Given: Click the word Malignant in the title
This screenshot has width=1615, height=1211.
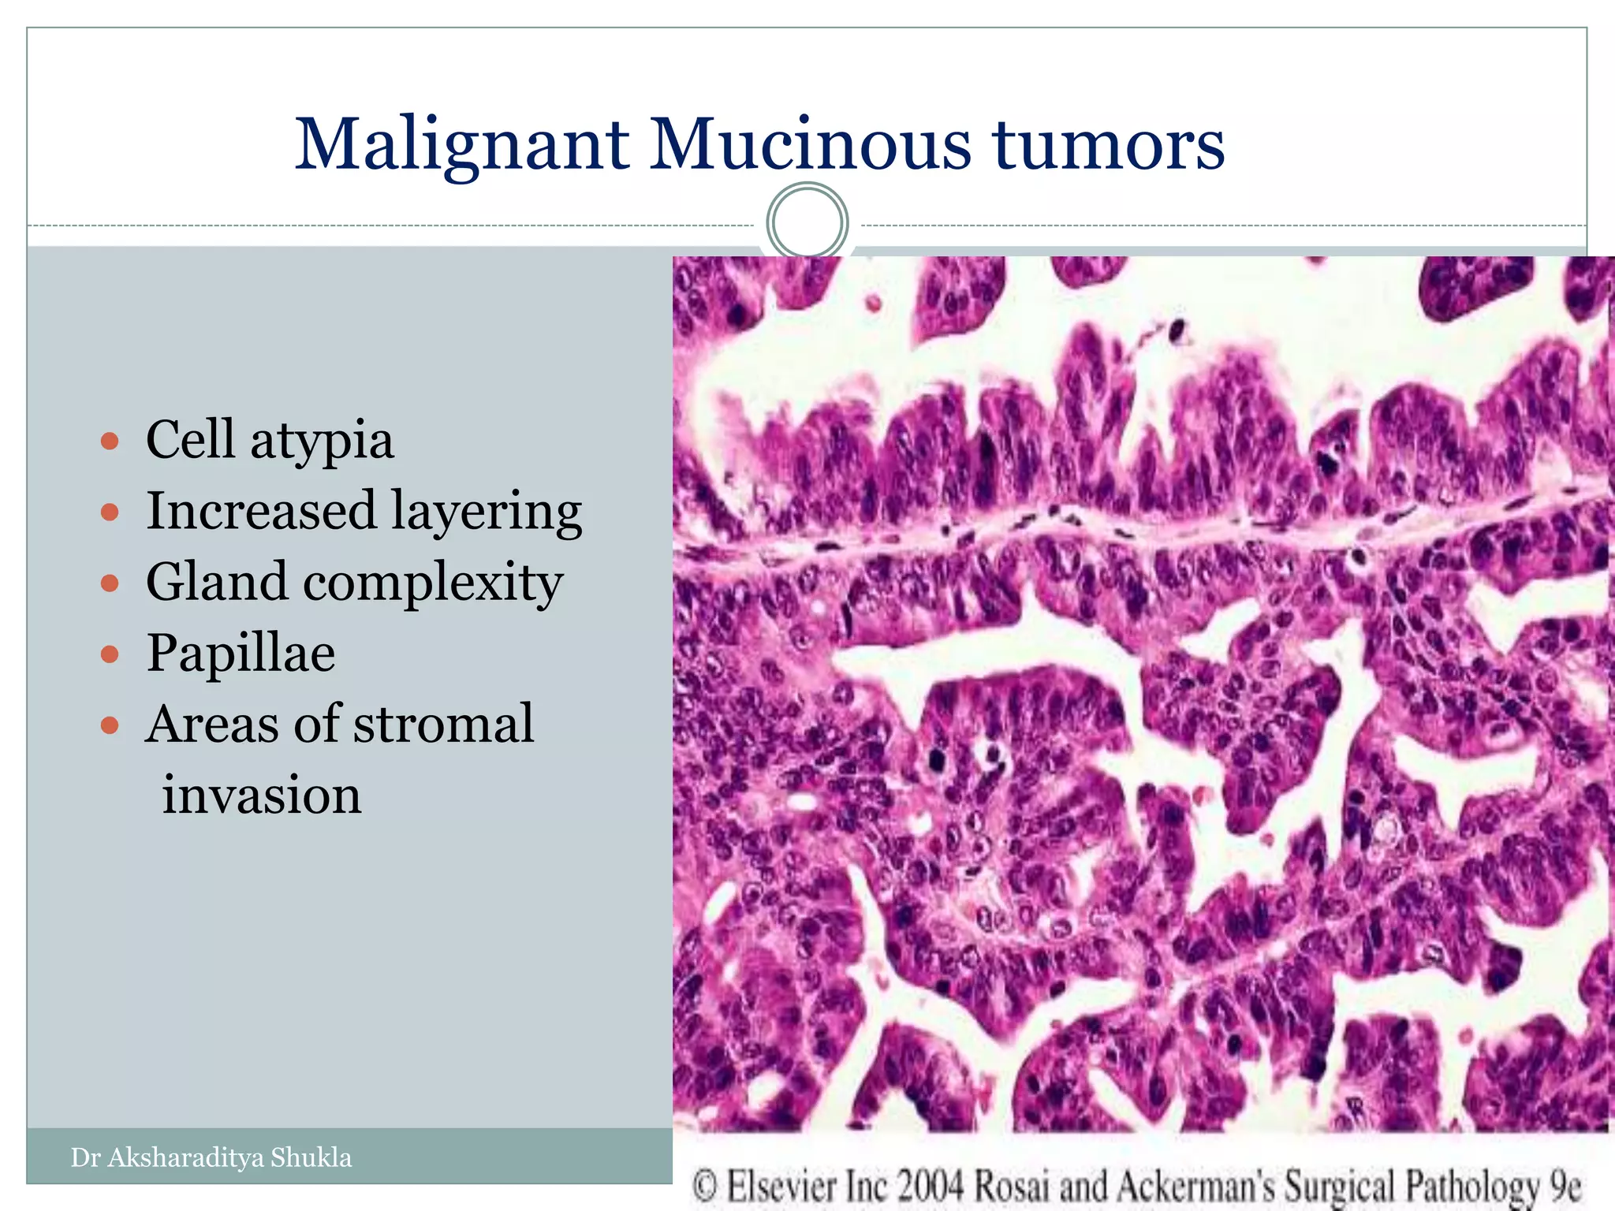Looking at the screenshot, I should coord(462,146).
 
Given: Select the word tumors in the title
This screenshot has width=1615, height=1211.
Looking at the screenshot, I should coord(1108,146).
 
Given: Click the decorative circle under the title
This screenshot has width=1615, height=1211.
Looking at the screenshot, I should coord(807,222).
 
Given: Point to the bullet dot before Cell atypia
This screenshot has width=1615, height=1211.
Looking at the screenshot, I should coord(110,440).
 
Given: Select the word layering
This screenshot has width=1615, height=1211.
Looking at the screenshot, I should coord(486,512).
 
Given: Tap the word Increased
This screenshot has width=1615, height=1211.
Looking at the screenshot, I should coord(261,511).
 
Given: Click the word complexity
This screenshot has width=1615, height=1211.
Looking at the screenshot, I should coord(433,583).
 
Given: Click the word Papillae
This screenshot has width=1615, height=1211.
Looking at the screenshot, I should coord(241,654).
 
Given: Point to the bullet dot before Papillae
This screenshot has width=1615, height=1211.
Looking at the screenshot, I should coord(110,654).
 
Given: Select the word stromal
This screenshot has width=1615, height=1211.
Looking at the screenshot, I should coord(443,724).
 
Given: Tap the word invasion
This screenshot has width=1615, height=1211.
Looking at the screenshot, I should coord(262,795).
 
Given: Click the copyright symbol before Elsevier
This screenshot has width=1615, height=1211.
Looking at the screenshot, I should coord(704,1187).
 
